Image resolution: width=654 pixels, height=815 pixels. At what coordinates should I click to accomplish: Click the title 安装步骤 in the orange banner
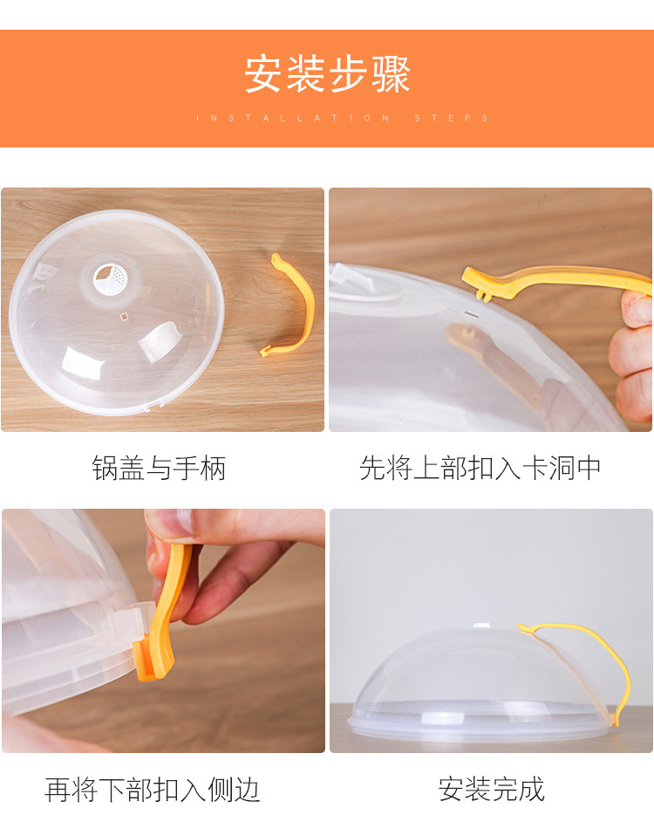pos(327,74)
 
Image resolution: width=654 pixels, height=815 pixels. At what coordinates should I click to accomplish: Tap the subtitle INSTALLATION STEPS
pos(343,118)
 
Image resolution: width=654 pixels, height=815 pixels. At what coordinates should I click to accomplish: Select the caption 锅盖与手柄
pos(159,468)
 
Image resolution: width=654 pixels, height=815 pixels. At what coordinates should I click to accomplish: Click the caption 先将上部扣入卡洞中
pos(480,468)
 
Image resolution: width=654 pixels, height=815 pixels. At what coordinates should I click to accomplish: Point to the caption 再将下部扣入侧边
pos(153,790)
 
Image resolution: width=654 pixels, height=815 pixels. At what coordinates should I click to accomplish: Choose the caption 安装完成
pos(492,790)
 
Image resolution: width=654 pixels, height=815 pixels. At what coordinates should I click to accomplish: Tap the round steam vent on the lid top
pos(110,278)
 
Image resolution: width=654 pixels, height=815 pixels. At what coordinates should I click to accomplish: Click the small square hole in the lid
pos(124,317)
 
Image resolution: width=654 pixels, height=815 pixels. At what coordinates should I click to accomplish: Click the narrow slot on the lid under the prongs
pos(472,313)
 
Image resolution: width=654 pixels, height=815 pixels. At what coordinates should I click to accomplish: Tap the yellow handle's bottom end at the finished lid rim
pos(617,719)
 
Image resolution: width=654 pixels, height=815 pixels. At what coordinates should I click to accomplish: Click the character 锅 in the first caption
pos(105,468)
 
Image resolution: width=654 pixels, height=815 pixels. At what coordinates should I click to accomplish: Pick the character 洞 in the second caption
pos(561,468)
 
